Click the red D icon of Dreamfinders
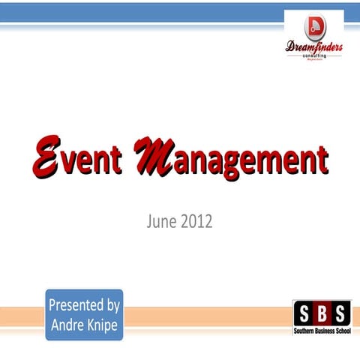[314, 28]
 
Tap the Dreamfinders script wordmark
[314, 48]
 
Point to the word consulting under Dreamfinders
[314, 57]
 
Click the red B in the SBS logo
[321, 310]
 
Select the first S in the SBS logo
[303, 310]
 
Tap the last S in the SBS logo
[339, 310]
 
